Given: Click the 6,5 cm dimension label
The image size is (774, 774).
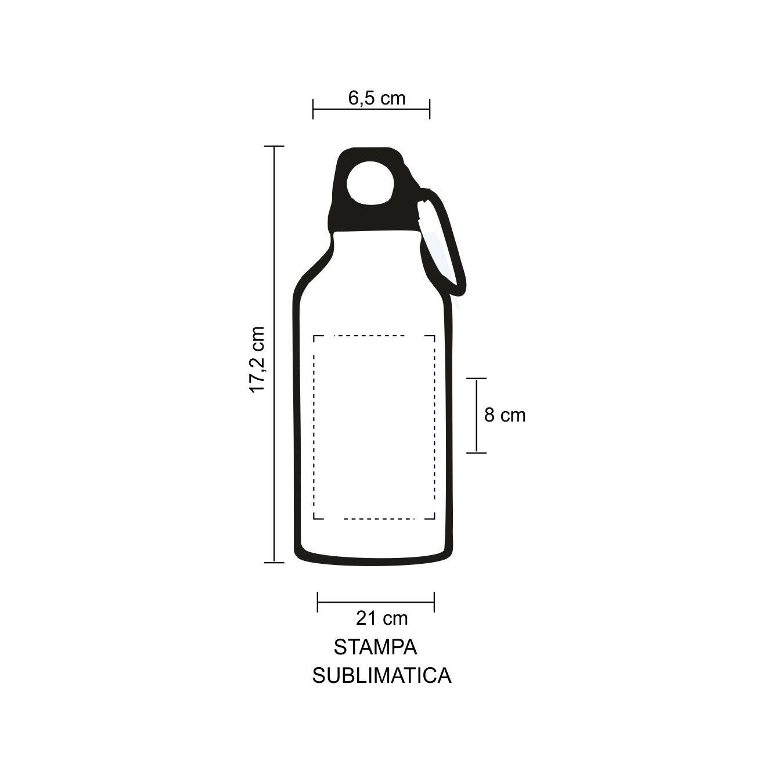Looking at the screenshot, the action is tap(377, 98).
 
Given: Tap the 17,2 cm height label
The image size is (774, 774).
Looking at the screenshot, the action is tap(257, 360).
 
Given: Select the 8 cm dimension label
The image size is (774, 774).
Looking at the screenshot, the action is tap(505, 415).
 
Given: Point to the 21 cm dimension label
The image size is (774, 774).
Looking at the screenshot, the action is tap(381, 618).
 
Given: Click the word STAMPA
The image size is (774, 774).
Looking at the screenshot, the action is tap(375, 647).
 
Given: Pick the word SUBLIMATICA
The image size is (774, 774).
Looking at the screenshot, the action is tap(381, 676).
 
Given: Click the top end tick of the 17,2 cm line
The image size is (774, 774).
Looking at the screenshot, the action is tap(274, 146).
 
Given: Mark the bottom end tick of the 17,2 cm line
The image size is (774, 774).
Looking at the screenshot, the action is tap(274, 562).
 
